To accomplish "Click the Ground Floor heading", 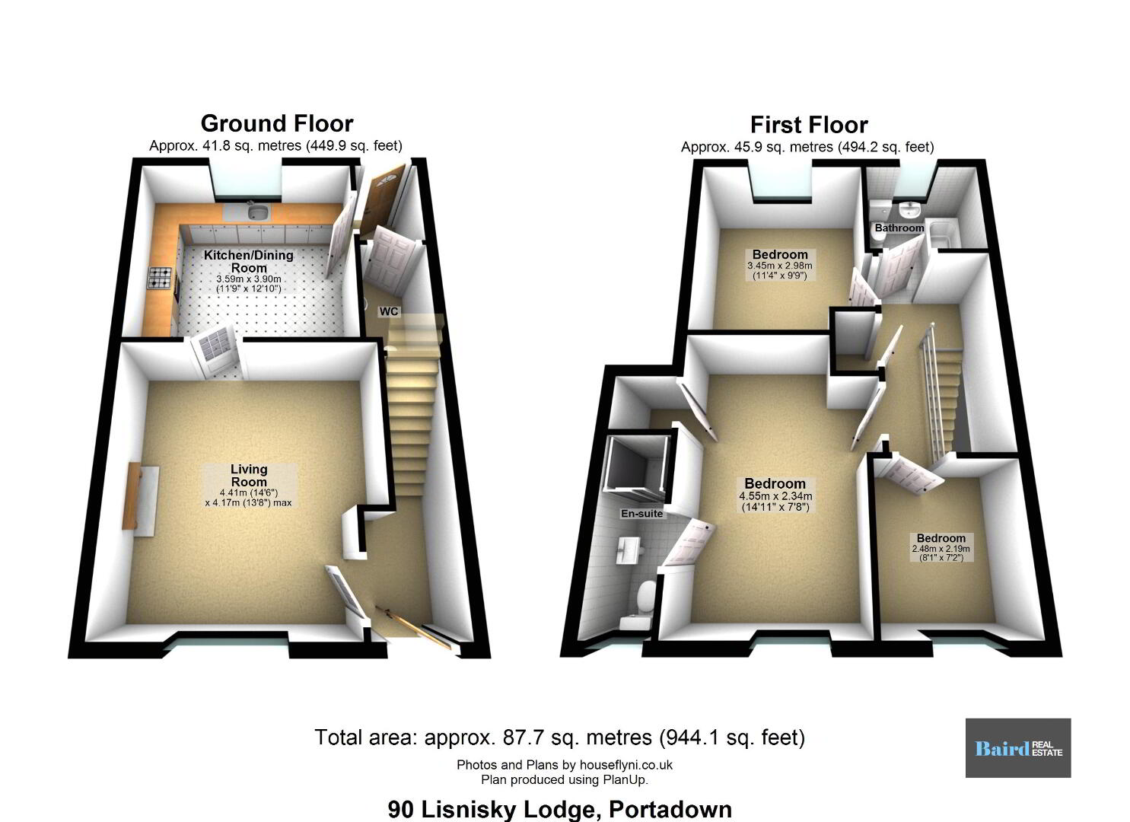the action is click(277, 123).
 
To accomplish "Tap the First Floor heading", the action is click(809, 125).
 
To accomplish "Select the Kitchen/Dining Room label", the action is click(249, 261).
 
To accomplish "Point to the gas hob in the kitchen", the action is click(160, 278).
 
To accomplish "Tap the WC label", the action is click(388, 311).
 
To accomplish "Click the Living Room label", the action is click(249, 476).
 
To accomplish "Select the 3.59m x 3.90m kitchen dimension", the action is click(249, 279).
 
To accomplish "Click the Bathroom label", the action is click(899, 228).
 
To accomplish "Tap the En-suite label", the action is click(641, 513).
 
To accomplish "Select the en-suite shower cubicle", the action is click(638, 464).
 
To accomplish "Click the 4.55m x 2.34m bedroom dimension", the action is click(775, 496).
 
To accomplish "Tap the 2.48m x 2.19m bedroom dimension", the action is click(941, 549).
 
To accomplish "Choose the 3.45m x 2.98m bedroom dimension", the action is click(779, 266).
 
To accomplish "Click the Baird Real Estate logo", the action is click(1018, 748).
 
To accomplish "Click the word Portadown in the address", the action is click(670, 809).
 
